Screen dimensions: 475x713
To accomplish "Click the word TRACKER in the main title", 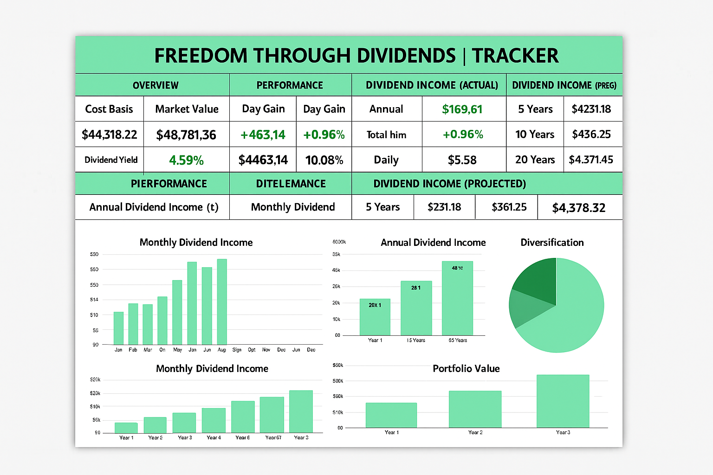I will (515, 56).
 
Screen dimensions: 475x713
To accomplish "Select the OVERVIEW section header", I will (156, 85).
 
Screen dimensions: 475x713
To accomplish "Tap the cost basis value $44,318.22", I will (110, 135).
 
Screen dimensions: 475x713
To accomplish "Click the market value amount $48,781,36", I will (186, 135).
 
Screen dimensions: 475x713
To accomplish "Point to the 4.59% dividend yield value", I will (186, 160).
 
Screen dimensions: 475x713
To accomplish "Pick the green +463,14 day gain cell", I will (263, 135).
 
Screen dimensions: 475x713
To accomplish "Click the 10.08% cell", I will (324, 160).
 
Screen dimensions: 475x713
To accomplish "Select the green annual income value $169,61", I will (462, 109).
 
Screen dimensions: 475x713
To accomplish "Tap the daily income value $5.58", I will (462, 160).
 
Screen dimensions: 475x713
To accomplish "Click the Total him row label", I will (386, 135).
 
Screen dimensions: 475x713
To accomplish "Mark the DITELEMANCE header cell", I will (291, 184).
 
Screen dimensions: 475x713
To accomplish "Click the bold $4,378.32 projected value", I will (578, 208).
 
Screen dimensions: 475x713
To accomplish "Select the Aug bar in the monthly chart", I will (222, 302).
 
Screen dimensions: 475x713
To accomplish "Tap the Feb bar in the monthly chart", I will (133, 324).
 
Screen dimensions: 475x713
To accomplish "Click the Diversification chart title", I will (552, 243).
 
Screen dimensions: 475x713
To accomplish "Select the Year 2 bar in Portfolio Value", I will (475, 409).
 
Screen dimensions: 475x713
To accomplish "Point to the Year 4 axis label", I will (214, 437).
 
